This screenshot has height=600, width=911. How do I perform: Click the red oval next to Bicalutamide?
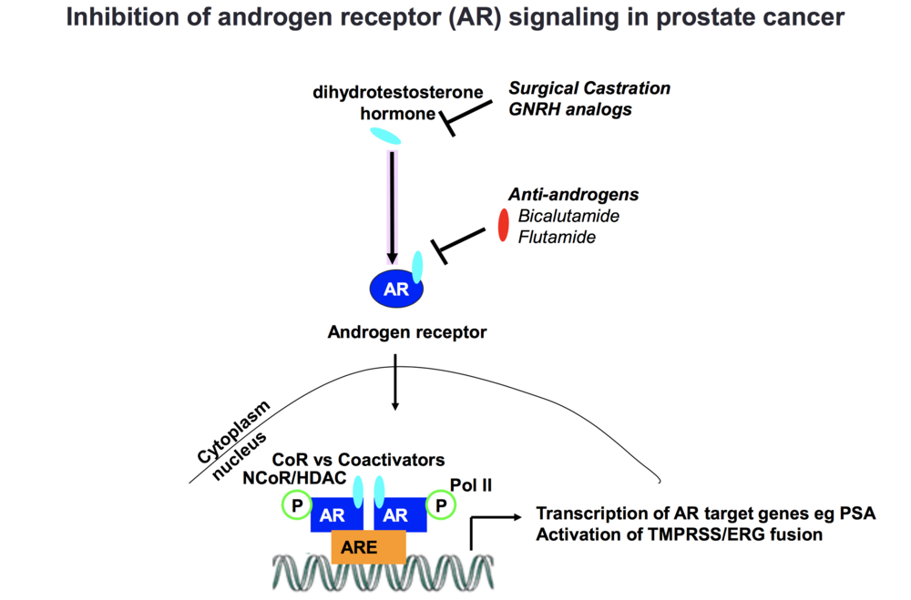pyautogui.click(x=503, y=226)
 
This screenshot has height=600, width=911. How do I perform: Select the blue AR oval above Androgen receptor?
pyautogui.click(x=396, y=290)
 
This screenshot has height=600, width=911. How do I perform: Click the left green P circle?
pyautogui.click(x=295, y=504)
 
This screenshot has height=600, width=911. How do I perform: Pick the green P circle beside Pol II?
pyautogui.click(x=442, y=504)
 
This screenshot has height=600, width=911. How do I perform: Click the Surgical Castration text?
pyautogui.click(x=589, y=88)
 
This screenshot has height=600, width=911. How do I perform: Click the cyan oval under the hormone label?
pyautogui.click(x=384, y=137)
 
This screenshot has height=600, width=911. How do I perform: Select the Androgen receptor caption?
pyautogui.click(x=407, y=332)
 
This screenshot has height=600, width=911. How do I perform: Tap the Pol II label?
pyautogui.click(x=472, y=485)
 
